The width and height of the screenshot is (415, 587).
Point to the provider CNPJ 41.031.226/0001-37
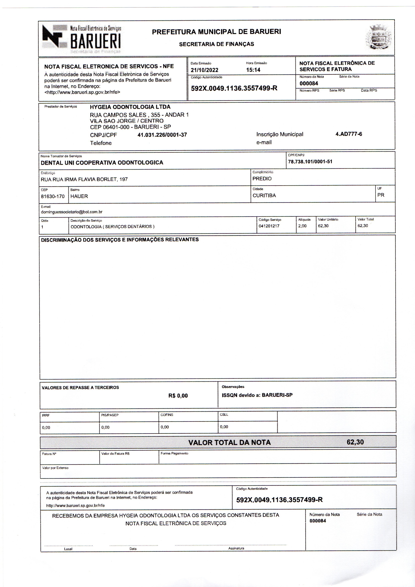coord(162,135)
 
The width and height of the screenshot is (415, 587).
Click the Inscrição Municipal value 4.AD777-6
coord(349,134)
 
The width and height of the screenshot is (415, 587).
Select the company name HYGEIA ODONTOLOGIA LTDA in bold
coord(130,107)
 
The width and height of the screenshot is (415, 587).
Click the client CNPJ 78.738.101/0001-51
coord(310,162)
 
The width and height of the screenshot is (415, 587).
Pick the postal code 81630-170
coord(53,196)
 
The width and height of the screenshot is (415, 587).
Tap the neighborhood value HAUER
coord(79,196)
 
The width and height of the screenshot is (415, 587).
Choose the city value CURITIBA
coord(264,195)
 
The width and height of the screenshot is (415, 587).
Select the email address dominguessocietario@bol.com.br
coord(72,212)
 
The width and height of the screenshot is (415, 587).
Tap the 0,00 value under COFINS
coord(165,427)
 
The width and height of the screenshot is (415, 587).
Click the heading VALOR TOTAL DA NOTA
coord(229,443)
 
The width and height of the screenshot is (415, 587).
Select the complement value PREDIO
coord(262,178)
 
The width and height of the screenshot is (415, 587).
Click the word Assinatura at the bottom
coord(236,548)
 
